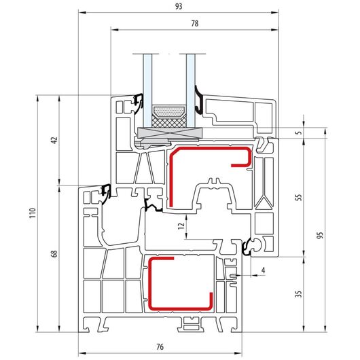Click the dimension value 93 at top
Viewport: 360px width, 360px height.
[x=179, y=6]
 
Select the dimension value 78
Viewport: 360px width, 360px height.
[x=195, y=23]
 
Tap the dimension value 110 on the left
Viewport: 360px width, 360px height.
[x=33, y=213]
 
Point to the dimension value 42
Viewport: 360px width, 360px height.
[x=54, y=140]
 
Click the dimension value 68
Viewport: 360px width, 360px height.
[x=54, y=254]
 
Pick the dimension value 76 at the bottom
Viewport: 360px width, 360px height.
[x=160, y=346]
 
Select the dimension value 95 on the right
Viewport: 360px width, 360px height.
[x=320, y=235]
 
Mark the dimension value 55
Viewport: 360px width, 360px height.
[x=298, y=197]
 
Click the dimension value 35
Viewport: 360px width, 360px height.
[x=298, y=294]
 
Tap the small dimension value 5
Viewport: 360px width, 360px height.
[x=298, y=132]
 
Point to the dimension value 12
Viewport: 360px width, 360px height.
[x=181, y=226]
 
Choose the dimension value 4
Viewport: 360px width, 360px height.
[x=263, y=270]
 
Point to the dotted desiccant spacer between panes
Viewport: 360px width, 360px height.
[x=169, y=111]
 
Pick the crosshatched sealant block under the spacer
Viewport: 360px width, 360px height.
[x=169, y=121]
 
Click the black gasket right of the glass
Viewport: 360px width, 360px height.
[x=199, y=100]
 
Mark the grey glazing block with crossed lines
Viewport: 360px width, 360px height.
[x=170, y=133]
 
